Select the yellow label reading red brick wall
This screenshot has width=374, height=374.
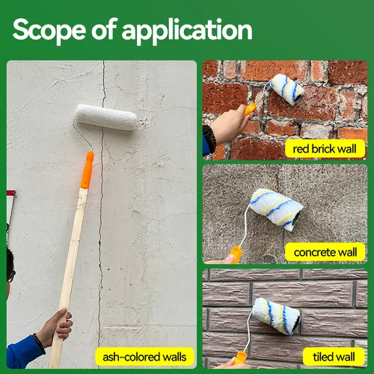tap(325, 148)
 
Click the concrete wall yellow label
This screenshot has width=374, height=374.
tap(325, 252)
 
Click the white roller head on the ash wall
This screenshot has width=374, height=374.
tap(105, 117)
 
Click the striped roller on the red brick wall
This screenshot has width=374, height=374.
tap(287, 88)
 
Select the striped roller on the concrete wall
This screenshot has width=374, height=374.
tap(276, 209)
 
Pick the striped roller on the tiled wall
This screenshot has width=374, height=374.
tap(275, 315)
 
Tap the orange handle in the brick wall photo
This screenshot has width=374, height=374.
tap(249, 110)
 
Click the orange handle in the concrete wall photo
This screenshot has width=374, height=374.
tap(236, 254)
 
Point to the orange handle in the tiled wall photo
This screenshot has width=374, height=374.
tap(241, 357)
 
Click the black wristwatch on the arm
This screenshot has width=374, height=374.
tap(209, 138)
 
